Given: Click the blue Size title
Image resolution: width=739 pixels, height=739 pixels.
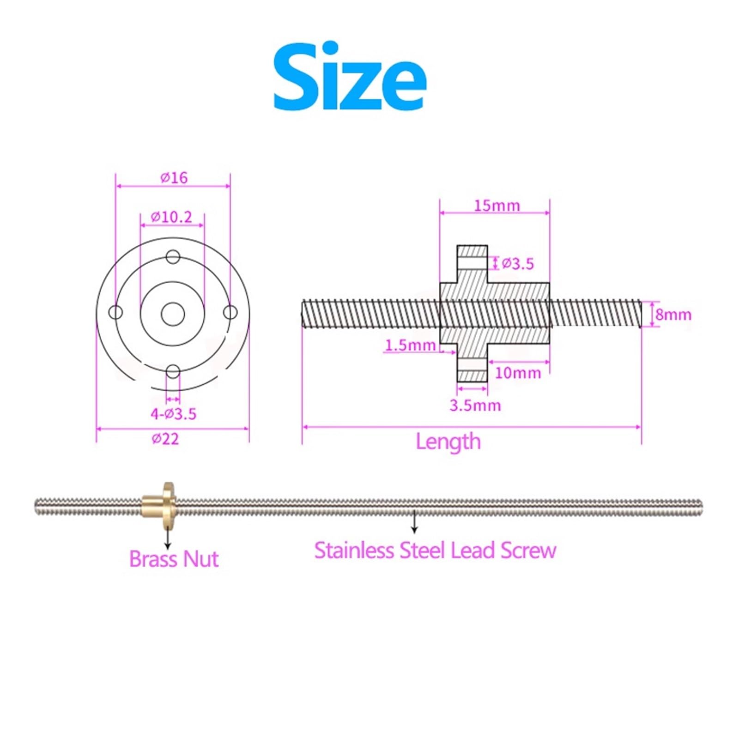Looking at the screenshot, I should click(350, 77).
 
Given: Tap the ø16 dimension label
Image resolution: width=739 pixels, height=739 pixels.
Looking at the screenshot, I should click(174, 177).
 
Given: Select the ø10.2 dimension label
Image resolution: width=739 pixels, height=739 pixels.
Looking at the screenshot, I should click(171, 217).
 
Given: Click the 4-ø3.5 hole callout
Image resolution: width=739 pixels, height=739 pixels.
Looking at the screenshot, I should click(173, 414).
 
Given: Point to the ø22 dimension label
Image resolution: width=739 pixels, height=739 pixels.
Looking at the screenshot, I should click(165, 438).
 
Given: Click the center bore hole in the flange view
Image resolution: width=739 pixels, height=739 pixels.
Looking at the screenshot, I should click(173, 314).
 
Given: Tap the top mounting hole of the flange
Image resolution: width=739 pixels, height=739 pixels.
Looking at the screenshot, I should click(173, 257).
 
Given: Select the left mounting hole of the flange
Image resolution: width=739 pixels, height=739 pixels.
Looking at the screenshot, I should click(115, 313).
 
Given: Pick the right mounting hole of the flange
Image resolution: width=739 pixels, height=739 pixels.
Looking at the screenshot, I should click(230, 313).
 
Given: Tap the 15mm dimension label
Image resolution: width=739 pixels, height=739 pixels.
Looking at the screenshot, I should click(497, 206).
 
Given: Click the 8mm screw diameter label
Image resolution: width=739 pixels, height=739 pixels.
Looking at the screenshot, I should click(673, 315).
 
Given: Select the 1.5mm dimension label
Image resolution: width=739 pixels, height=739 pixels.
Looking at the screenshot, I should click(410, 345).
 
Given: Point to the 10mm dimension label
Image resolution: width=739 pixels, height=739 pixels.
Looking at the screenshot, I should click(518, 373).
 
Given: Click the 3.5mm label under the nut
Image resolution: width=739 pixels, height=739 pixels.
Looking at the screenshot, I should click(475, 406).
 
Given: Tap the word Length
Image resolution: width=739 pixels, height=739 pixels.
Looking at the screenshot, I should click(448, 442).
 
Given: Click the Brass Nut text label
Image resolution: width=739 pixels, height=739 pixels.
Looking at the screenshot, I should click(174, 559).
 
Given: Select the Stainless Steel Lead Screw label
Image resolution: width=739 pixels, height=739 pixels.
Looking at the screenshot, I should click(435, 551).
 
